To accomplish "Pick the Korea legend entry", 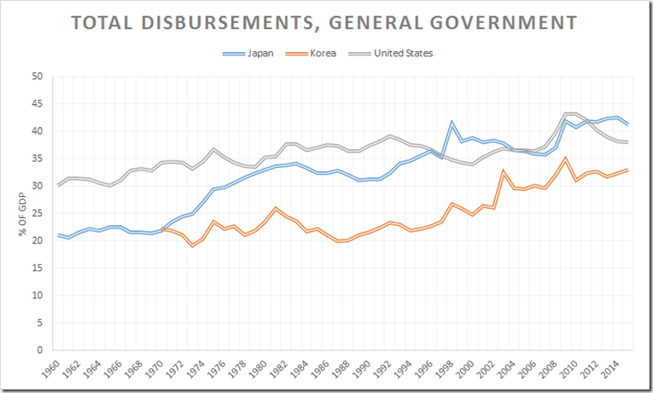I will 322,53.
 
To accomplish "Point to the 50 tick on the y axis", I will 37,76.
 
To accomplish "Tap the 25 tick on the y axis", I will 37,213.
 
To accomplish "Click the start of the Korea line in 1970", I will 162,229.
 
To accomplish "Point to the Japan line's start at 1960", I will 58,234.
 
